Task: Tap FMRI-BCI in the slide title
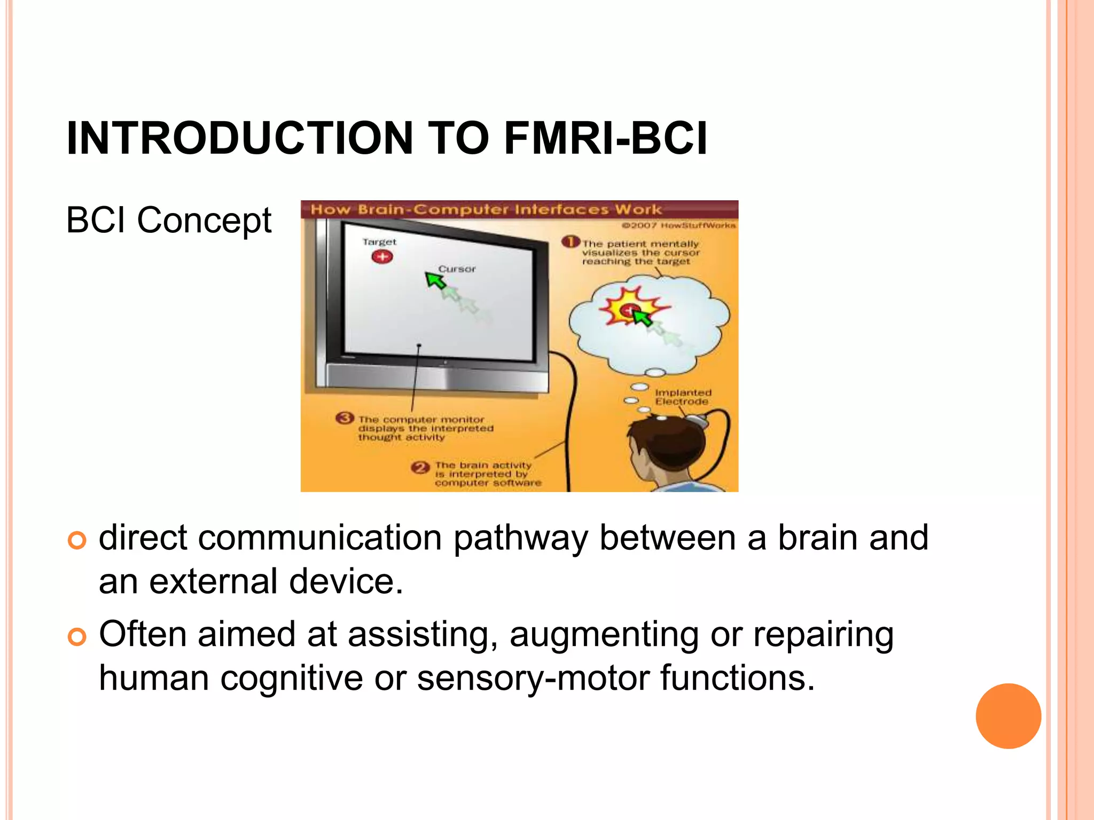tap(605, 138)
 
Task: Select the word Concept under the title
tap(204, 220)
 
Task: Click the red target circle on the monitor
tap(382, 257)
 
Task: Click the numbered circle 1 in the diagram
tap(571, 242)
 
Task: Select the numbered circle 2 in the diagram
tap(420, 468)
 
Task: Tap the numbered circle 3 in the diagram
tap(345, 418)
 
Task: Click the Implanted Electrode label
tap(682, 397)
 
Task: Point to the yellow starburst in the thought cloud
tap(630, 308)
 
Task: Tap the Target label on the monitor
tap(379, 242)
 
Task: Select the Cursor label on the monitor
tap(457, 269)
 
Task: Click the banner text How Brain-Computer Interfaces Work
tap(486, 209)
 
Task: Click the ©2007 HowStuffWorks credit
tap(678, 225)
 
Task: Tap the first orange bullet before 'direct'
tap(77, 540)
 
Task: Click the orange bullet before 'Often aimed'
tap(77, 637)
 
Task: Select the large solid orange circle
tap(1008, 716)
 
